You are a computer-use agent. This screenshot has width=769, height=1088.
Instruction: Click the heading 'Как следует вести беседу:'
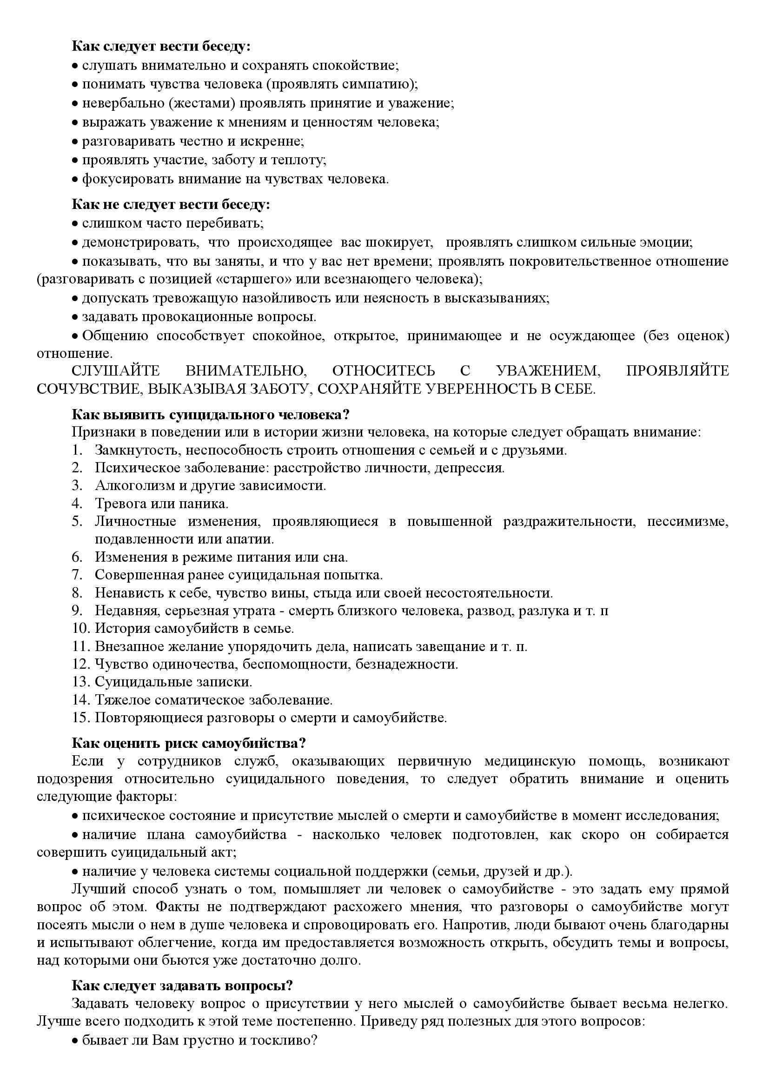click(x=161, y=47)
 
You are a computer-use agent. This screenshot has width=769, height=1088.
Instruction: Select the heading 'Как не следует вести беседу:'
click(x=171, y=204)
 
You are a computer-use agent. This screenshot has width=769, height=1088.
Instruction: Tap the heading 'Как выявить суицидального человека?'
click(x=211, y=414)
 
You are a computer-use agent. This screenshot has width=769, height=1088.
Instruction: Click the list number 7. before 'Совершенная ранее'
click(x=77, y=575)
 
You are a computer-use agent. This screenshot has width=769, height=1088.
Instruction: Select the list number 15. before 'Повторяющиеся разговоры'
click(x=80, y=718)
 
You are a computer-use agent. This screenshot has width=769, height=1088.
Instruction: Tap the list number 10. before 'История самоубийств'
click(x=80, y=628)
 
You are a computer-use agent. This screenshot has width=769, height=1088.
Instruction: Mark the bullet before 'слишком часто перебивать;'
click(x=75, y=223)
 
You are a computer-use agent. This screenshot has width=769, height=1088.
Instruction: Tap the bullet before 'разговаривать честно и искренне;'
click(x=75, y=141)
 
